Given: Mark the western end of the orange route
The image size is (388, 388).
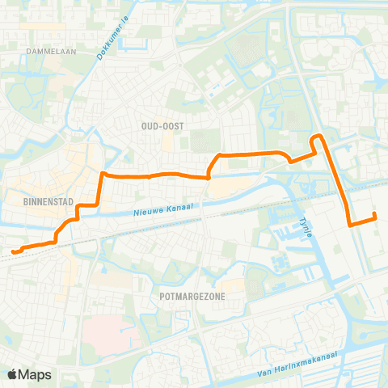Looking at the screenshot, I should click(14, 251).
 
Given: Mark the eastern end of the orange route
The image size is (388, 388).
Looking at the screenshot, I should click(374, 214).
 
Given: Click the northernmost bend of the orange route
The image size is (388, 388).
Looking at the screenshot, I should click(318, 136).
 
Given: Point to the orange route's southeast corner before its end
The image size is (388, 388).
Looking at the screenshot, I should click(349, 225).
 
